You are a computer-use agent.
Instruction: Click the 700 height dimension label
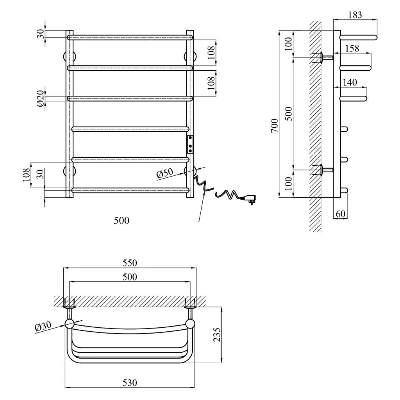(275, 125)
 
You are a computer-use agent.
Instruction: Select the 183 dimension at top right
(355, 15)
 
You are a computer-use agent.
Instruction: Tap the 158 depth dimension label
(352, 48)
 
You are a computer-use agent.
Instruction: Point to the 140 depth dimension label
(350, 82)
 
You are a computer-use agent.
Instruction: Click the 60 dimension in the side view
(341, 214)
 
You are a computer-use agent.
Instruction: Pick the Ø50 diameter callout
(165, 173)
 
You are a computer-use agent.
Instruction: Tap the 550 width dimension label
(130, 263)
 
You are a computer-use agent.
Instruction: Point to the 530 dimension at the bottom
(130, 383)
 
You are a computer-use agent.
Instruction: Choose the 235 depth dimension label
(217, 335)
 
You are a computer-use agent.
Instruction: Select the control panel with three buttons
(190, 145)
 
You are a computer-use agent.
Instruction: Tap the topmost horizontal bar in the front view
(130, 37)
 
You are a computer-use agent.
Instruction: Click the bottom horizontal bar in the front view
(130, 190)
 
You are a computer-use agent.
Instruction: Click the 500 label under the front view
(121, 220)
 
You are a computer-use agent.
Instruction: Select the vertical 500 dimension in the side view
(288, 114)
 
